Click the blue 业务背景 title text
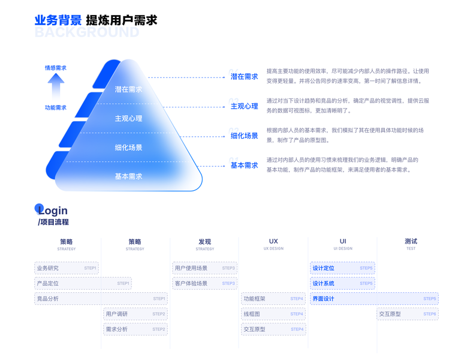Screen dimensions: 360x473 tap(58, 20)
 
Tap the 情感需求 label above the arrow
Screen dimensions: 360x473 tap(56, 68)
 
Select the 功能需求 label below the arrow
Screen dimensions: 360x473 tap(56, 108)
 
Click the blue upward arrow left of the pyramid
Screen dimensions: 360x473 tap(56, 87)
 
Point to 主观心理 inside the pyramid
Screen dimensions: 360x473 tap(128, 119)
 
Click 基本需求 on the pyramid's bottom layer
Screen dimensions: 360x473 tap(128, 176)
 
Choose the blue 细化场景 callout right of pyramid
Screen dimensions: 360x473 tap(244, 136)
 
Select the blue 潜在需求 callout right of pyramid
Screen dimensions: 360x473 tap(244, 77)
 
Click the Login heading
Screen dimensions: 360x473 tap(53, 211)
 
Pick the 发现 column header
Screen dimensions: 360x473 tap(204, 242)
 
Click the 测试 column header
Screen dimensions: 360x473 tap(411, 242)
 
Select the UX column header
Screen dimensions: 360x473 tap(273, 242)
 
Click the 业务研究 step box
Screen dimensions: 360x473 tap(66, 268)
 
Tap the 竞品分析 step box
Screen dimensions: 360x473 tap(101, 298)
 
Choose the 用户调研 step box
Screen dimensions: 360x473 tap(135, 314)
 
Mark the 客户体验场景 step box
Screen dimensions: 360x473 tap(204, 283)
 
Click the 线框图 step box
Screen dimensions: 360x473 tap(273, 314)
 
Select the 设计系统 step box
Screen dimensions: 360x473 tap(342, 283)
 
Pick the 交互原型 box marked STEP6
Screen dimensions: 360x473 tap(408, 314)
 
